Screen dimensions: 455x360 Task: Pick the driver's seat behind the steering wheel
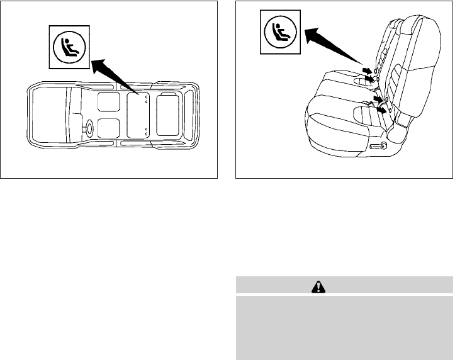click(108, 128)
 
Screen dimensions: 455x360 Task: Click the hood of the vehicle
click(47, 116)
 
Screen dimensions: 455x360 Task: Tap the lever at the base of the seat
click(379, 146)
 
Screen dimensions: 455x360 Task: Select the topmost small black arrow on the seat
click(366, 70)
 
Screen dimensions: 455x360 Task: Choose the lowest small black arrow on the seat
click(381, 110)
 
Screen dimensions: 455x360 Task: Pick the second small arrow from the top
click(371, 79)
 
